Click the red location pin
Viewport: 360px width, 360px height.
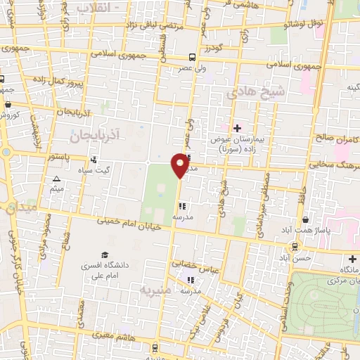(180, 165)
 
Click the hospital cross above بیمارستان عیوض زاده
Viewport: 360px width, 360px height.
(237, 128)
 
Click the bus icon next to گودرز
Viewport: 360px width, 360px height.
(193, 57)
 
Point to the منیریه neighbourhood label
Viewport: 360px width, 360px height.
(154, 289)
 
